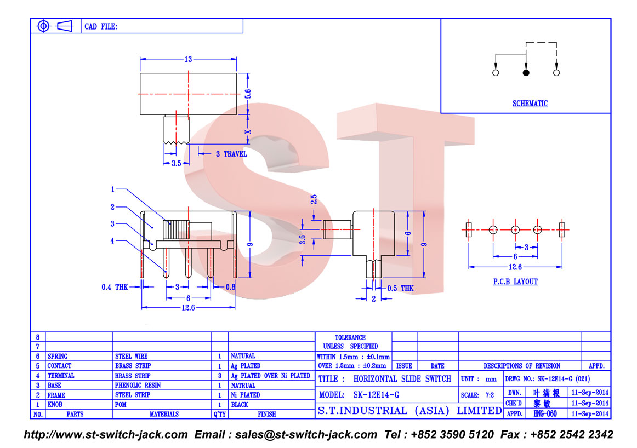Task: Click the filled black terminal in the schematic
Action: pyautogui.click(x=526, y=73)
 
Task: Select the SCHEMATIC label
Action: pyautogui.click(x=530, y=104)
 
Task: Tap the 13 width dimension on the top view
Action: pyautogui.click(x=188, y=59)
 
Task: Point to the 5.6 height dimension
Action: pyautogui.click(x=248, y=94)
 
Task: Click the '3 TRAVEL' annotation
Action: pyautogui.click(x=231, y=154)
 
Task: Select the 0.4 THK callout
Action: pyautogui.click(x=115, y=287)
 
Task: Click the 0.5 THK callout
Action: pyautogui.click(x=401, y=288)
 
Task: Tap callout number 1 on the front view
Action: pyautogui.click(x=112, y=189)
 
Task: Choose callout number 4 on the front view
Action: pyautogui.click(x=112, y=240)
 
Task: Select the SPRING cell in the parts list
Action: pyautogui.click(x=58, y=356)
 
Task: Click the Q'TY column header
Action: pyautogui.click(x=219, y=415)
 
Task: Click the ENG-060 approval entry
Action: pyautogui.click(x=545, y=414)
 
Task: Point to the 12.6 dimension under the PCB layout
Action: pyautogui.click(x=515, y=267)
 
